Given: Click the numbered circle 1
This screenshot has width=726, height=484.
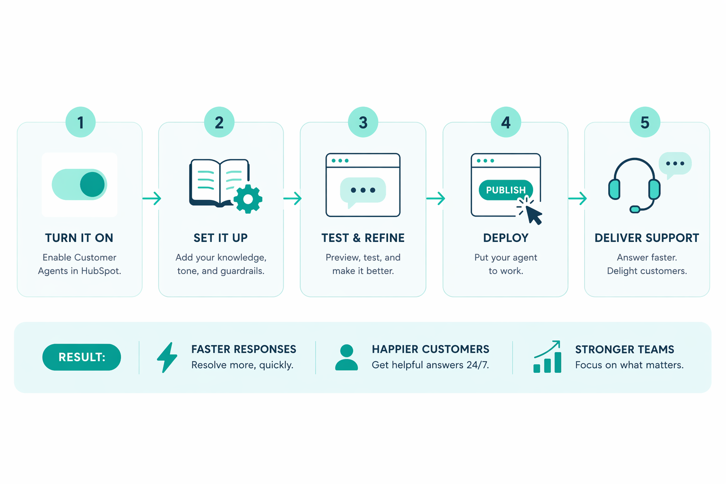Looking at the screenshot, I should tap(80, 122).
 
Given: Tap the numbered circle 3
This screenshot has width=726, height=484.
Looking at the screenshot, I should tap(363, 122).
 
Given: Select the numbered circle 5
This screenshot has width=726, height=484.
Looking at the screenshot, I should tap(645, 122).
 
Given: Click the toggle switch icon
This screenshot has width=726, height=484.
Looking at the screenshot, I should tap(79, 184).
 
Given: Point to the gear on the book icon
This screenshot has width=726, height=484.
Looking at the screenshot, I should tap(248, 199).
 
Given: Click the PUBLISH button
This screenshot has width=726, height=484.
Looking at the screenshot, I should tap(505, 190).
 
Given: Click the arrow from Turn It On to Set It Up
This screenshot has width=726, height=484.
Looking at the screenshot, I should tap(152, 198).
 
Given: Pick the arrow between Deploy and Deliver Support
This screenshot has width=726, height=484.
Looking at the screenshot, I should tap(577, 198).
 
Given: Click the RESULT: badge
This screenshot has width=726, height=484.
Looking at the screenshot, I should tap(82, 357).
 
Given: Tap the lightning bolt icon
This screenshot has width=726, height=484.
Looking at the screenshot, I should tap(167, 357).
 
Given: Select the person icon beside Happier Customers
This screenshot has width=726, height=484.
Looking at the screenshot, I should tap(346, 357).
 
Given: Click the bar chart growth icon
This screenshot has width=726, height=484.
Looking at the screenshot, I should tap(547, 357).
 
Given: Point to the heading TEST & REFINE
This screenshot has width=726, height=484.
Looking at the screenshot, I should tap(363, 238).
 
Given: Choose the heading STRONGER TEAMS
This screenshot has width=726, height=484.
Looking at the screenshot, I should tap(624, 350).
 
